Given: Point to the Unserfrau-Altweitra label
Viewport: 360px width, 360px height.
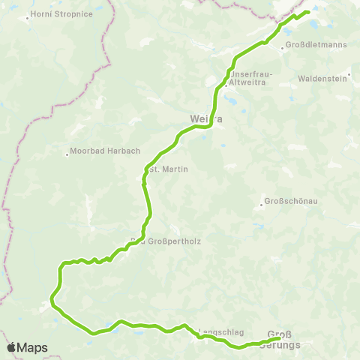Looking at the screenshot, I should point(253,79).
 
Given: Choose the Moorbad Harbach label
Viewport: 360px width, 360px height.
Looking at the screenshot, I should point(106,151).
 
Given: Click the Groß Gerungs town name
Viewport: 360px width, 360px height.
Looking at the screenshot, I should point(283,340).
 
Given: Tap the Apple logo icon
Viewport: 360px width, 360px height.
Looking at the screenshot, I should point(11,347).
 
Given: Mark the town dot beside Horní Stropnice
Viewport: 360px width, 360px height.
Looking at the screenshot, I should point(28,16).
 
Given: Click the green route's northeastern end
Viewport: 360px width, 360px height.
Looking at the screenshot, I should point(308,12).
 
